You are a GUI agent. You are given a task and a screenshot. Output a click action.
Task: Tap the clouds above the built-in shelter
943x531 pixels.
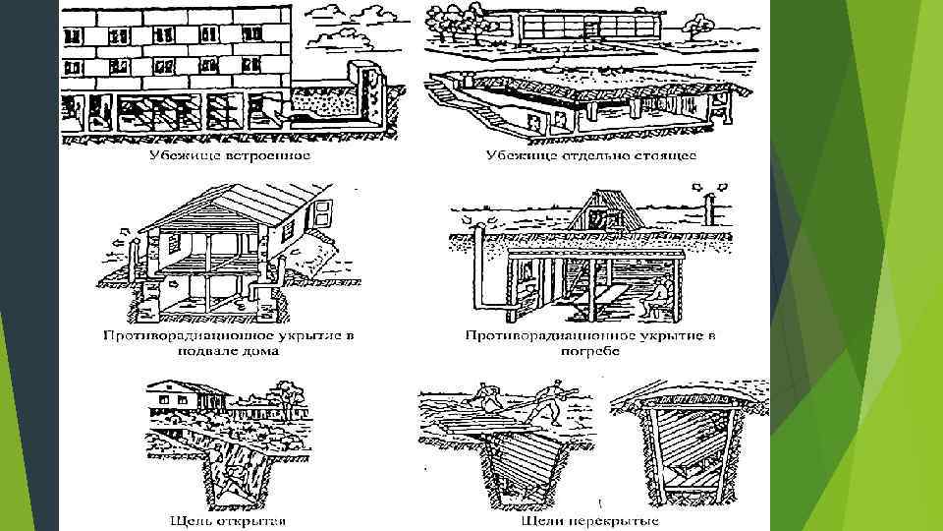coord(350,17)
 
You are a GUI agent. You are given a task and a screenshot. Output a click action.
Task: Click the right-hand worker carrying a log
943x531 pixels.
coord(550,399)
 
